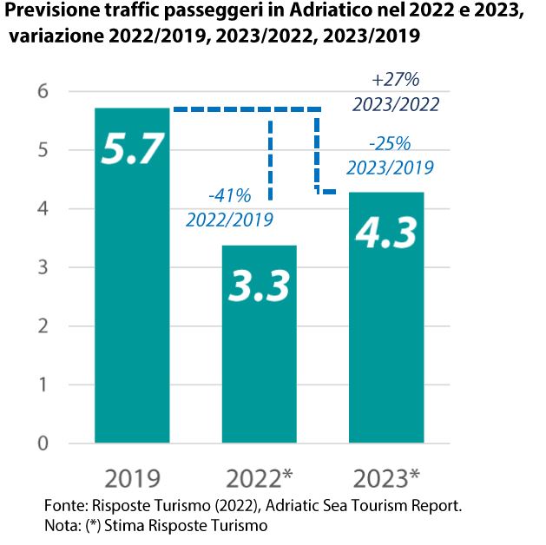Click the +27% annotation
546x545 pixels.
click(x=395, y=80)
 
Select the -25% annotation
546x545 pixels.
click(x=390, y=143)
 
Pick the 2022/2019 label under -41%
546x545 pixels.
click(x=229, y=220)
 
